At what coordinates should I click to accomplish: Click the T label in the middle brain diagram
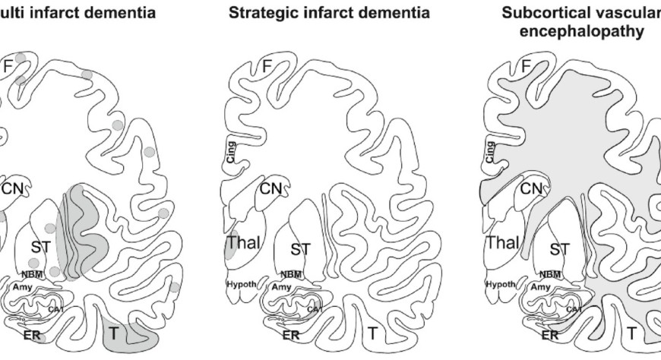[372, 332]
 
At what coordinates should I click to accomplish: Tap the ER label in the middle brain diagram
[291, 334]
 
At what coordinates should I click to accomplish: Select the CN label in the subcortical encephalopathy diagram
[535, 188]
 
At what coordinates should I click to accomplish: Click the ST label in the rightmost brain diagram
[559, 248]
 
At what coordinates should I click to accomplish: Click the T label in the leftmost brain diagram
[113, 332]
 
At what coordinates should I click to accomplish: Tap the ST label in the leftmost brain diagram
[40, 246]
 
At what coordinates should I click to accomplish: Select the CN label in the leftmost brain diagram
[13, 188]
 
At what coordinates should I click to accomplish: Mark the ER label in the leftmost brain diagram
[30, 334]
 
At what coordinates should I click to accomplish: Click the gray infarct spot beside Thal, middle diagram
[230, 245]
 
